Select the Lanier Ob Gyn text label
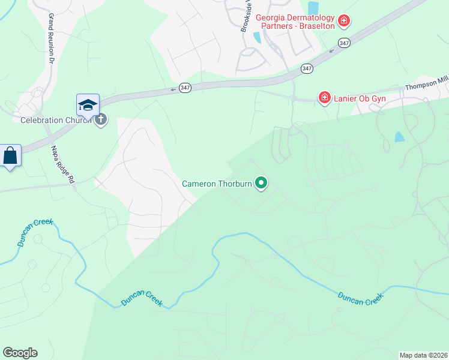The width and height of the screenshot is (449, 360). tap(360, 97)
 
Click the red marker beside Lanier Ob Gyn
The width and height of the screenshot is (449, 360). tap(325, 97)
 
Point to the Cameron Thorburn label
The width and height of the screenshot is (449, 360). tap(217, 183)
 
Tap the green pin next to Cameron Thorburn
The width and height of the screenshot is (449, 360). tap(261, 182)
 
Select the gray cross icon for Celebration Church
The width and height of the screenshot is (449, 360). tap(100, 119)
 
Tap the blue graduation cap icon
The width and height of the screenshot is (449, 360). tap(88, 104)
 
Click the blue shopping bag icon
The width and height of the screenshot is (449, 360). tap(10, 156)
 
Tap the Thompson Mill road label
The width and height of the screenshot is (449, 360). tap(427, 86)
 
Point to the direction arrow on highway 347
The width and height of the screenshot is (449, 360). tap(173, 89)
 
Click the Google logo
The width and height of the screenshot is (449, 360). tap(20, 353)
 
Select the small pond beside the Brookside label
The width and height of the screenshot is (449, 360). tap(257, 37)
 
